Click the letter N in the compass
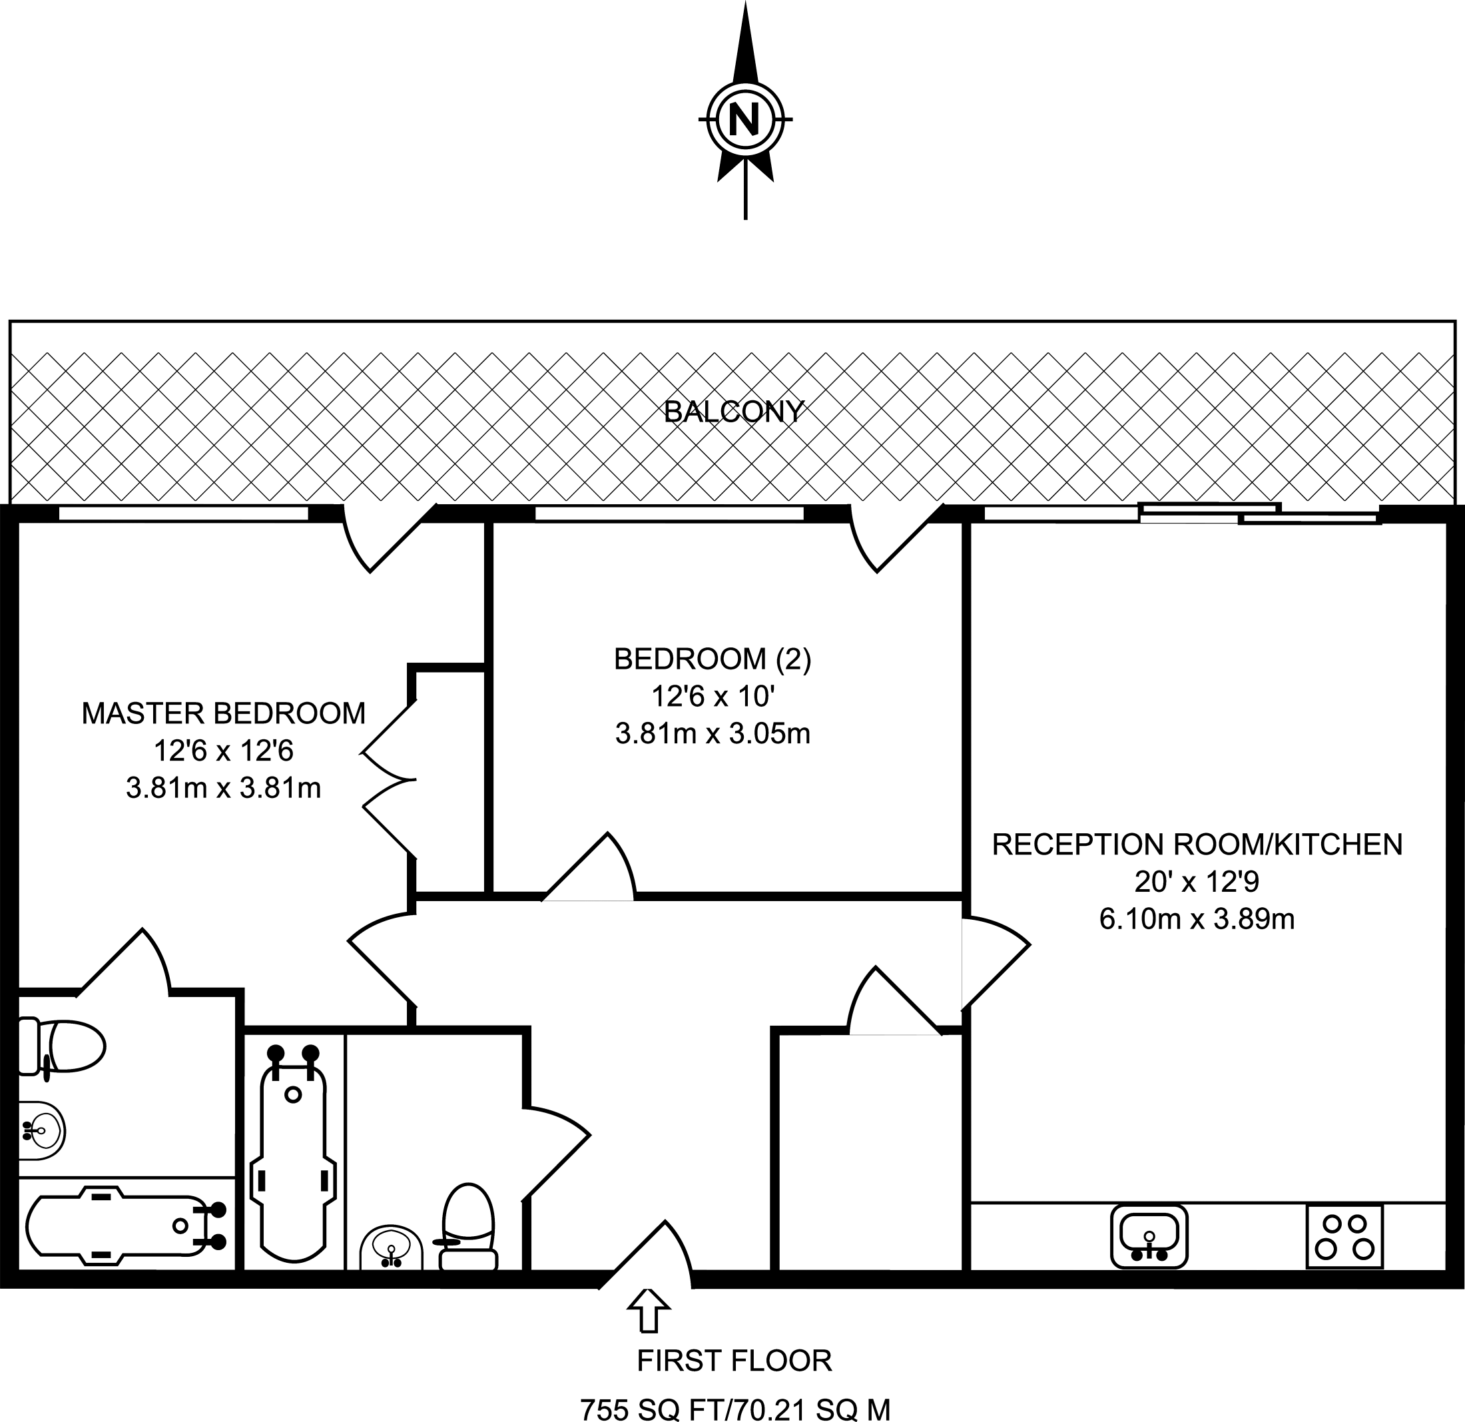pos(744,119)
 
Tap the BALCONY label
pos(733,412)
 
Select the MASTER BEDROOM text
pos(224,713)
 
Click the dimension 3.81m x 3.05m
pos(713,733)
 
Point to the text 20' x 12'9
pos(1197,883)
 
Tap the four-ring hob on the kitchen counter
pos(1344,1236)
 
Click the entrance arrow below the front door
pos(649,1310)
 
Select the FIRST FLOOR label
pos(734,1361)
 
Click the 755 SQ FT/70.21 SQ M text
pos(735,1409)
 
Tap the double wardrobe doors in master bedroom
pos(389,779)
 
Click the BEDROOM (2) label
pos(713,659)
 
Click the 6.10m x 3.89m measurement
pos(1197,919)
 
